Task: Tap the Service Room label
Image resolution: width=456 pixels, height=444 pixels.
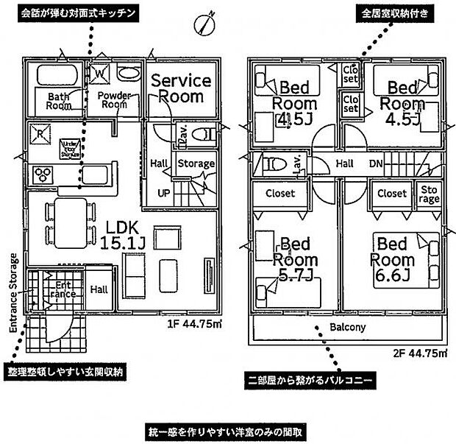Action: (181, 88)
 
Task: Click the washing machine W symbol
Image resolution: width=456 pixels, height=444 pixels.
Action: (99, 74)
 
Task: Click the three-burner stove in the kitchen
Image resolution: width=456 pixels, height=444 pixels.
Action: (43, 175)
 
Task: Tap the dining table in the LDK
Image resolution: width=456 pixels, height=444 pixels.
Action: (71, 223)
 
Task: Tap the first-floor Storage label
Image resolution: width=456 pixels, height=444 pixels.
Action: (196, 164)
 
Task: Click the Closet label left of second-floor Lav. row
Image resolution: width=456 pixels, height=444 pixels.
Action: (279, 194)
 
